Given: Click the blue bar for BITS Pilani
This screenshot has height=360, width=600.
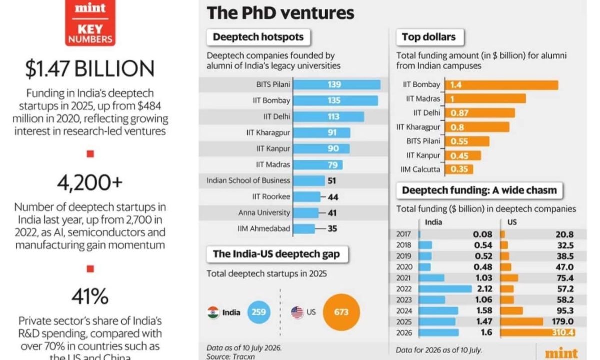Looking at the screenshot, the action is [x=337, y=84].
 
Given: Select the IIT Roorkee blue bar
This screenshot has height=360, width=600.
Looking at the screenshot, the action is [x=307, y=197].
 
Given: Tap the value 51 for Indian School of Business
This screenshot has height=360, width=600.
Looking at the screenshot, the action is [x=332, y=181].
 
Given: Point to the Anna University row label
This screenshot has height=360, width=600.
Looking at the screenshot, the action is [x=264, y=213].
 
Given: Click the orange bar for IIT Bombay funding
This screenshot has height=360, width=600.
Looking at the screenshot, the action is [x=502, y=85].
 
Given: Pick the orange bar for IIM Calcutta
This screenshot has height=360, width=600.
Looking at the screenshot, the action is [x=459, y=169].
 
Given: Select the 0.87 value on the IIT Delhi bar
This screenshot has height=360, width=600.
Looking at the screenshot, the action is [x=459, y=113].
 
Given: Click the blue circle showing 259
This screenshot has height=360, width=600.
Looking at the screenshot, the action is [x=259, y=312].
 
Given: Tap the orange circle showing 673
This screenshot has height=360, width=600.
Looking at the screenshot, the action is [x=341, y=312].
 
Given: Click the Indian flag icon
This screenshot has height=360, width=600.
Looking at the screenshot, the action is [x=213, y=312].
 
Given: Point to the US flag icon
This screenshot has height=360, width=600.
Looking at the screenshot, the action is [x=297, y=312].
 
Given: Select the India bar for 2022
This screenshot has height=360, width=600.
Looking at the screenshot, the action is [x=445, y=289].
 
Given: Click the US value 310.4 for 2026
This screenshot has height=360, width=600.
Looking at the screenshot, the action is [x=563, y=332].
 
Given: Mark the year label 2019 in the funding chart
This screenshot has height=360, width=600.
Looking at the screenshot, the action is [x=403, y=256].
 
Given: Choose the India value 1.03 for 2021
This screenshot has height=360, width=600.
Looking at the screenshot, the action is [x=484, y=278].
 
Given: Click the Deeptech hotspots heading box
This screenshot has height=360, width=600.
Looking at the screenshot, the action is [x=259, y=37].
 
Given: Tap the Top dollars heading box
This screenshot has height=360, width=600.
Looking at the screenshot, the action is [x=430, y=37].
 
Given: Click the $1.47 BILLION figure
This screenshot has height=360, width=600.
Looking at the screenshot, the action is [x=90, y=69].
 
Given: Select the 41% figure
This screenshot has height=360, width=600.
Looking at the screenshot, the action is [x=90, y=297].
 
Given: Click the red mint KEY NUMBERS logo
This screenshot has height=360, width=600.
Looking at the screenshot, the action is [x=90, y=23].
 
